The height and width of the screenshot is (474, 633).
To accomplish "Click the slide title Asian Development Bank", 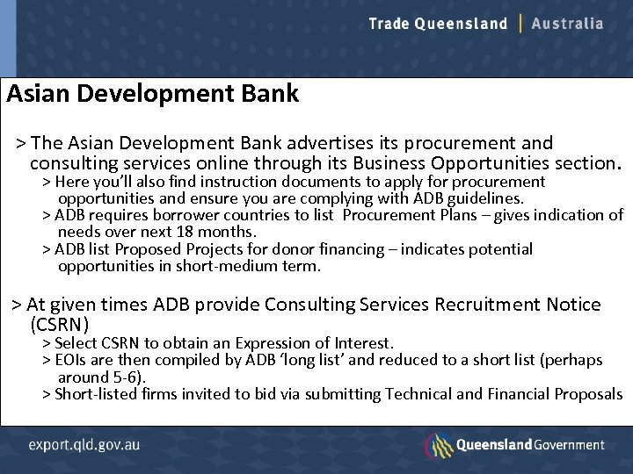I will [x=153, y=93].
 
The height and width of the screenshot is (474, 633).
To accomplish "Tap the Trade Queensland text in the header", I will [x=438, y=24].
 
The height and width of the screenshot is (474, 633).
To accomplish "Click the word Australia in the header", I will [x=568, y=24].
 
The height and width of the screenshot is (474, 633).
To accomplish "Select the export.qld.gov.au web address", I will [x=84, y=445].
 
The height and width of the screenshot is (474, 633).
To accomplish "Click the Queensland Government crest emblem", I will [x=438, y=445].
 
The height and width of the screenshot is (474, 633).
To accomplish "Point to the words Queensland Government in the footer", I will [x=530, y=445].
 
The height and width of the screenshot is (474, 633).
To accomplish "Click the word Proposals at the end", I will [x=588, y=394].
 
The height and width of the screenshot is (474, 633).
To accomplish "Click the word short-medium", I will [x=219, y=266].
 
